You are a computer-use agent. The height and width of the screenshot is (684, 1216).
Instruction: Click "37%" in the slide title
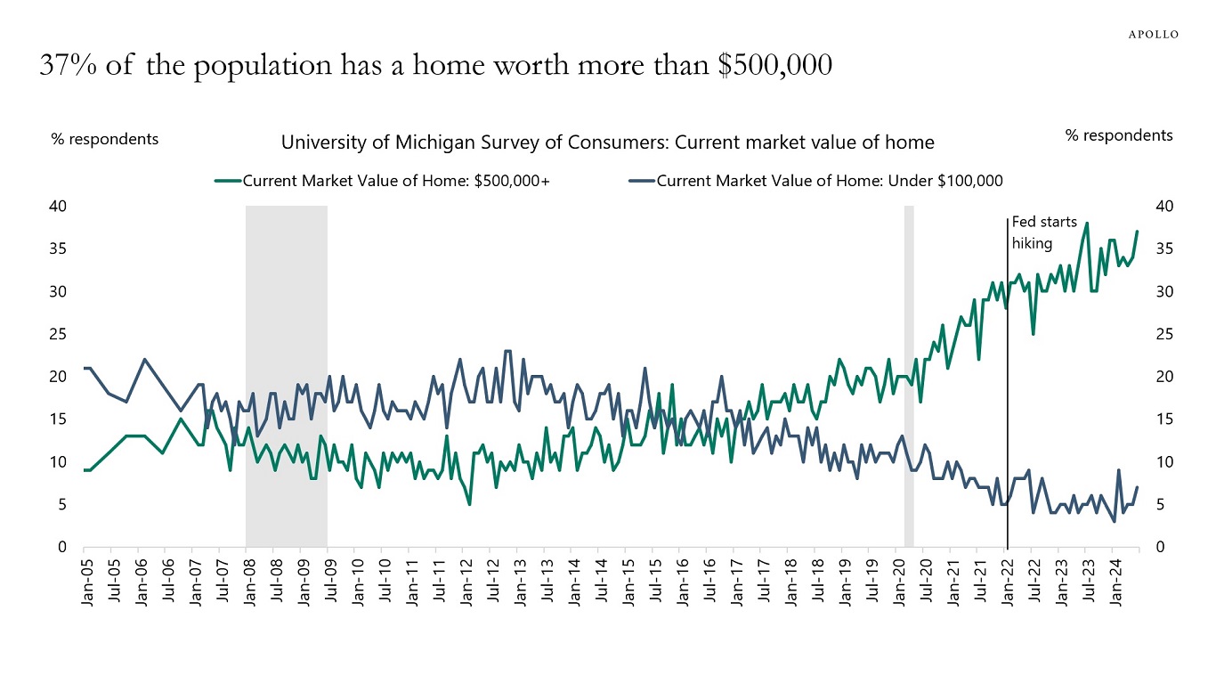pyautogui.click(x=66, y=66)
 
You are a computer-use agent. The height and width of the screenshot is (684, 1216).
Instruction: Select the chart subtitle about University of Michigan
pyautogui.click(x=607, y=142)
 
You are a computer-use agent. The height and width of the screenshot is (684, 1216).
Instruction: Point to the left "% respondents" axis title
pyautogui.click(x=105, y=139)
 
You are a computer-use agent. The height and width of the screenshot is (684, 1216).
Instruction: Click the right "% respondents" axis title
pyautogui.click(x=1118, y=135)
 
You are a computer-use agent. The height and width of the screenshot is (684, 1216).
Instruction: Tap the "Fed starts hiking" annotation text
pyautogui.click(x=1044, y=232)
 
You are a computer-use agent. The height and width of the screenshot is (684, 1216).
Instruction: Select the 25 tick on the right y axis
pyautogui.click(x=1163, y=335)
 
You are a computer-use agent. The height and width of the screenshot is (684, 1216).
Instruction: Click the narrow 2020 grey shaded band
pyautogui.click(x=909, y=374)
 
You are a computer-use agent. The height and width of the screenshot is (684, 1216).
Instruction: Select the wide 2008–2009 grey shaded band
pyautogui.click(x=286, y=374)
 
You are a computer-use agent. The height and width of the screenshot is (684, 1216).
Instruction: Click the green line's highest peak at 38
pyautogui.click(x=1087, y=223)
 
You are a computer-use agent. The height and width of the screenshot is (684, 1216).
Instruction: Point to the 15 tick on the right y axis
pyautogui.click(x=1163, y=419)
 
